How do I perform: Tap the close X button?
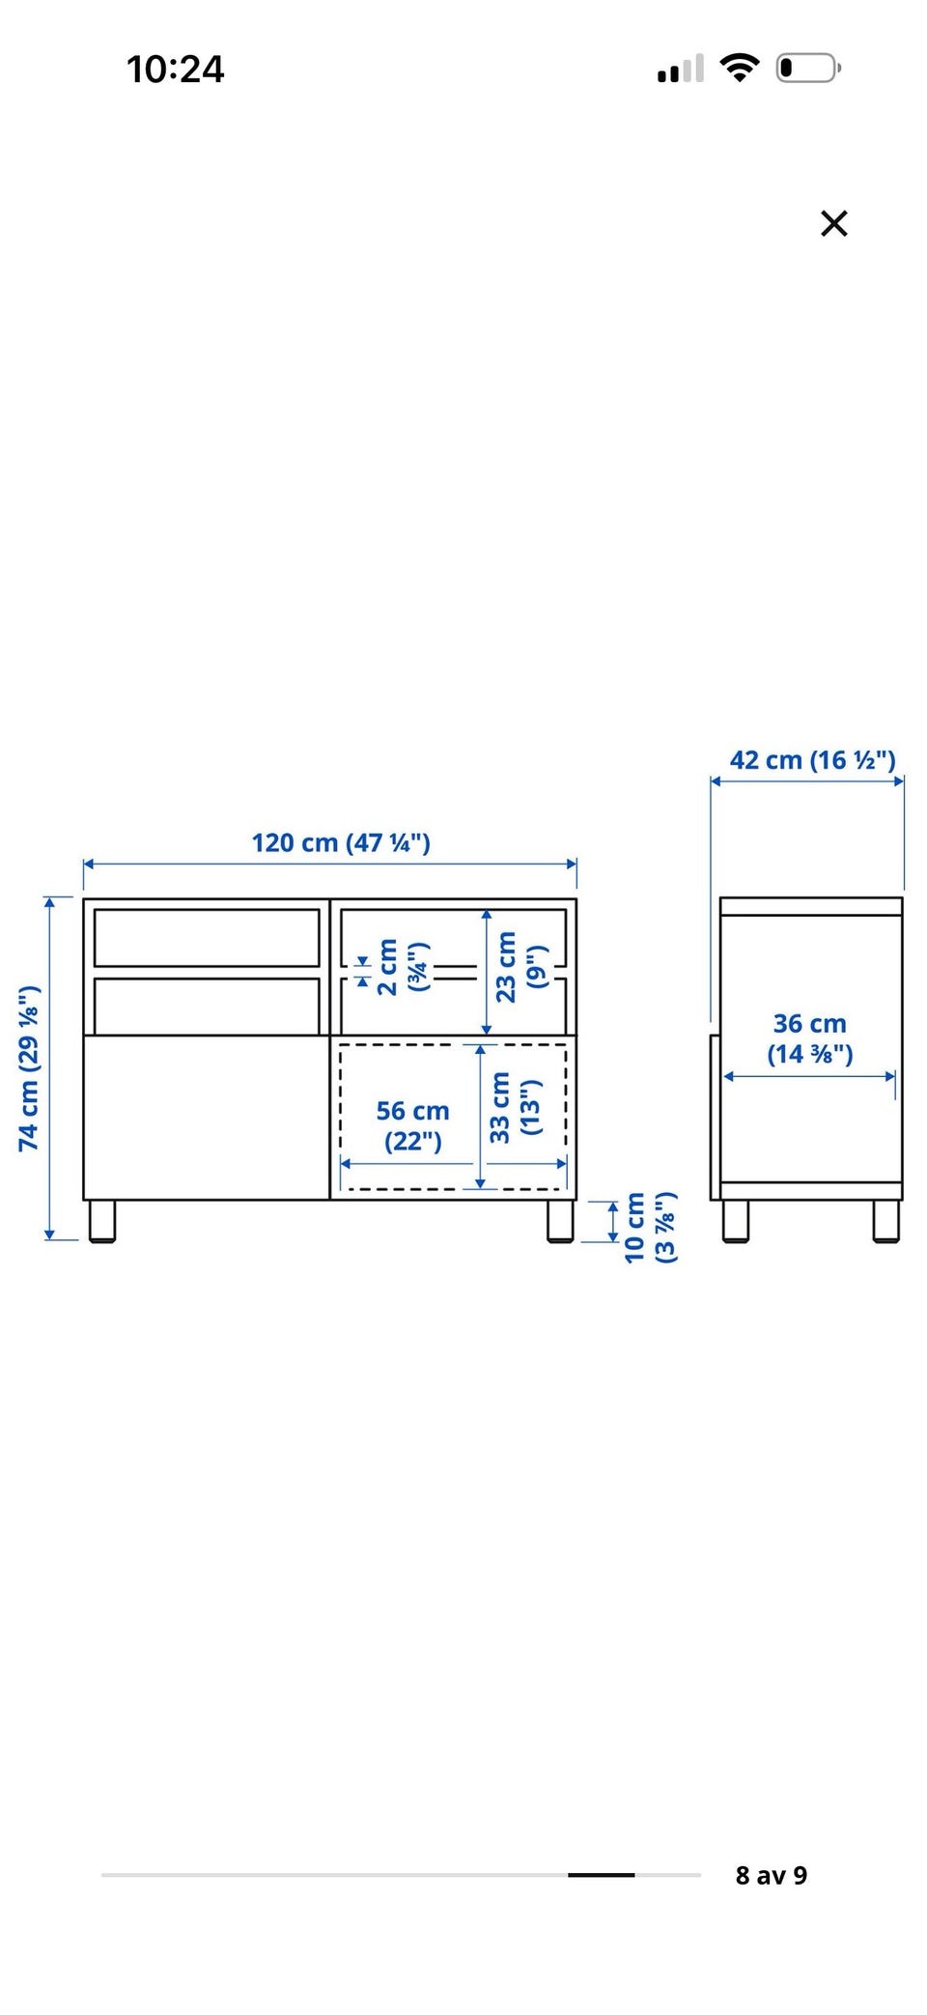pos(833,223)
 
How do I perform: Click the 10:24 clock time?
pos(175,69)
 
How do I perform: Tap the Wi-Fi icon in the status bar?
pos(740,68)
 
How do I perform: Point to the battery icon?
pos(809,69)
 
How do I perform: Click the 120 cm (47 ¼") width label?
pos(341,842)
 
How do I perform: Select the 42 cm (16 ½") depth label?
pos(812,760)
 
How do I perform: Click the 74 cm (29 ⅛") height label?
pos(29,1067)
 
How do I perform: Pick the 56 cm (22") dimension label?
pos(412,1125)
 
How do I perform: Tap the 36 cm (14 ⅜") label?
pos(809,1038)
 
